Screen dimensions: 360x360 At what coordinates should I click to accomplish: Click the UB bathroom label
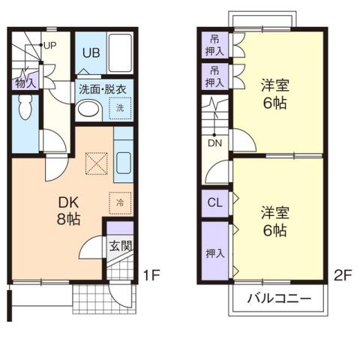pyautogui.click(x=91, y=52)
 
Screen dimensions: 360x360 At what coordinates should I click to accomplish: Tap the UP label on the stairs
pyautogui.click(x=50, y=44)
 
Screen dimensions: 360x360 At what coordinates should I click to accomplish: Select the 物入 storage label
pyautogui.click(x=25, y=82)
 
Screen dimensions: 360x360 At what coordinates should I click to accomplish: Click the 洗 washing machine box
pyautogui.click(x=120, y=108)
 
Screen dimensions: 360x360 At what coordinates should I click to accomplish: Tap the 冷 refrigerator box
pyautogui.click(x=120, y=202)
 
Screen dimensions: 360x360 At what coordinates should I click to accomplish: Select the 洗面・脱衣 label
pyautogui.click(x=103, y=89)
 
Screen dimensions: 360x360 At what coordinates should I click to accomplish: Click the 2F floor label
pyautogui.click(x=342, y=274)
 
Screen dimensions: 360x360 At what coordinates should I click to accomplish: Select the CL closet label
pyautogui.click(x=214, y=202)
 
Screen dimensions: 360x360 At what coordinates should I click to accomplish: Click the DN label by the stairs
pyautogui.click(x=214, y=142)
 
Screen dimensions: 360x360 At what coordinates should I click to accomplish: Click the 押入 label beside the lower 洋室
pyautogui.click(x=214, y=253)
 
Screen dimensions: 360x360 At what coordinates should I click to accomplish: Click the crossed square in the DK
pyautogui.click(x=96, y=162)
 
